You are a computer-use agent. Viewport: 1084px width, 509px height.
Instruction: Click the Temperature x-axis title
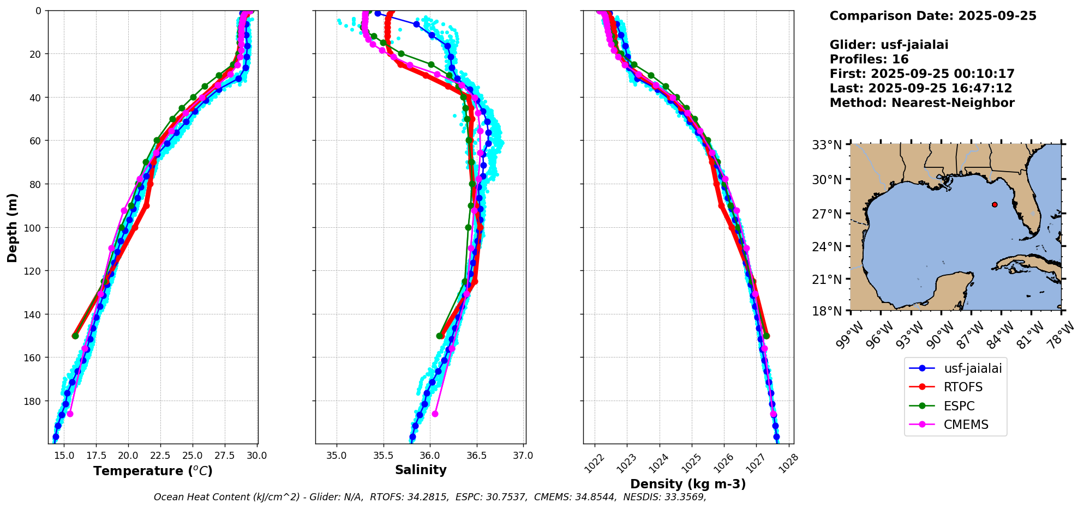click(153, 471)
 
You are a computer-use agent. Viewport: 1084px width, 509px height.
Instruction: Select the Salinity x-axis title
click(421, 470)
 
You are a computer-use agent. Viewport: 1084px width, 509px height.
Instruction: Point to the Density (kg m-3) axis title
click(688, 484)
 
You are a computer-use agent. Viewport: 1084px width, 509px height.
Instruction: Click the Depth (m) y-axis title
click(12, 227)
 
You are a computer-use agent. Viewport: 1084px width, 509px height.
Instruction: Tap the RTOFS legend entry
click(963, 387)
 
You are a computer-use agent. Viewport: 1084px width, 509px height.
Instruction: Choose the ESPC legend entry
click(959, 406)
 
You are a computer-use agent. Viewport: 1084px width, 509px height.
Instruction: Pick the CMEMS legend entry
click(966, 425)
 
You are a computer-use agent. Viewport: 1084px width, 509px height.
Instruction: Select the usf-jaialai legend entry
click(972, 368)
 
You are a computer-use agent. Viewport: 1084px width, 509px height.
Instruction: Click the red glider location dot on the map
click(995, 204)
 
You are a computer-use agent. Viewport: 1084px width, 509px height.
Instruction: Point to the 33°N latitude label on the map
click(827, 145)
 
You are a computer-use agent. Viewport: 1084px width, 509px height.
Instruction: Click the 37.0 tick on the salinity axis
click(523, 456)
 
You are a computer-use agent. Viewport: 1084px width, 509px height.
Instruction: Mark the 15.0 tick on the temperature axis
click(64, 456)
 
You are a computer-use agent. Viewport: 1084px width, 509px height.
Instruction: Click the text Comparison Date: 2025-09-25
click(933, 16)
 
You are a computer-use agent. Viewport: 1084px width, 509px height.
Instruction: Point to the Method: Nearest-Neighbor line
click(922, 102)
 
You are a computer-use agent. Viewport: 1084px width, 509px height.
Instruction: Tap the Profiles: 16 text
click(869, 59)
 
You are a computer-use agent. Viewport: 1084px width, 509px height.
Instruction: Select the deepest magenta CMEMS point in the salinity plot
click(435, 414)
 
